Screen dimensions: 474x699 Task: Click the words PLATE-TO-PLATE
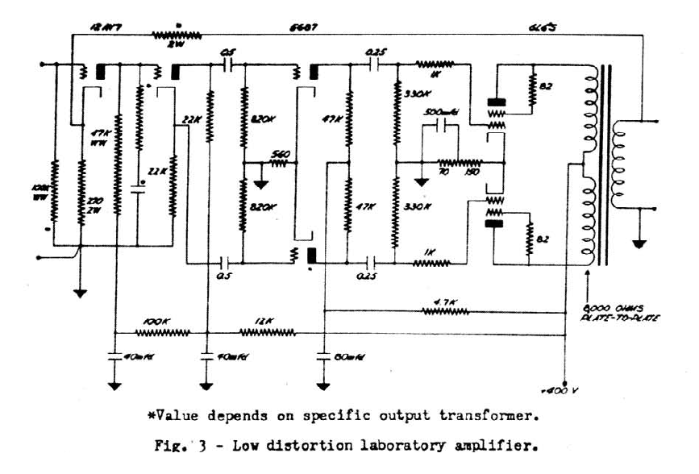click(618, 319)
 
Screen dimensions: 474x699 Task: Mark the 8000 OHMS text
click(618, 308)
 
